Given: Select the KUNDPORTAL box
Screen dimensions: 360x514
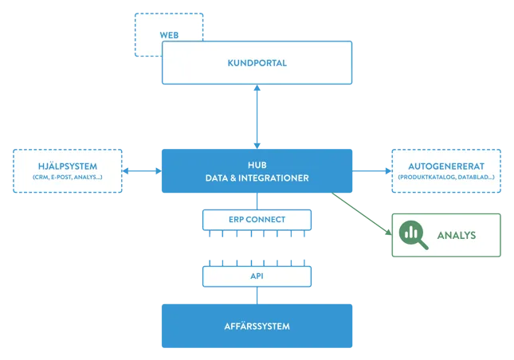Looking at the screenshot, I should (257, 63).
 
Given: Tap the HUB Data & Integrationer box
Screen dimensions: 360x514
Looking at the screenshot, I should (257, 170).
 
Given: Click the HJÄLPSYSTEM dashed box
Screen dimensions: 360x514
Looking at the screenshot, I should (67, 170).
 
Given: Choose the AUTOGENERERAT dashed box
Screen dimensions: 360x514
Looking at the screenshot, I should (446, 170).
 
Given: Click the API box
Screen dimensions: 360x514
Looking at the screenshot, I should (256, 276).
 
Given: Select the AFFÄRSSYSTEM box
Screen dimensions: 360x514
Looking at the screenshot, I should (257, 326).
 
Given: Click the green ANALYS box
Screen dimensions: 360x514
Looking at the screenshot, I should (446, 235).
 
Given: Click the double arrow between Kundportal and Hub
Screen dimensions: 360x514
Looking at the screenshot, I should (257, 116).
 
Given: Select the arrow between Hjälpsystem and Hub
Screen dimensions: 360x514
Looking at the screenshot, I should (142, 170).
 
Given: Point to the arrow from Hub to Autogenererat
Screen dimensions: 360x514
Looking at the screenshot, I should (371, 170).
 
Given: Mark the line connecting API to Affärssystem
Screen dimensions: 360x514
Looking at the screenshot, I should (256, 295).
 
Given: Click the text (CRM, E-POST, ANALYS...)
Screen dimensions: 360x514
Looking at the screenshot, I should (67, 178).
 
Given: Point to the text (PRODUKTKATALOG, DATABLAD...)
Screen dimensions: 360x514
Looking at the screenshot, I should (446, 178).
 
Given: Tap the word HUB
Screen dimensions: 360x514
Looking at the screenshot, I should (257, 163).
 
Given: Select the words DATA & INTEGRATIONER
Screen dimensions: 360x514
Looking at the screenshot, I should (257, 178).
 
